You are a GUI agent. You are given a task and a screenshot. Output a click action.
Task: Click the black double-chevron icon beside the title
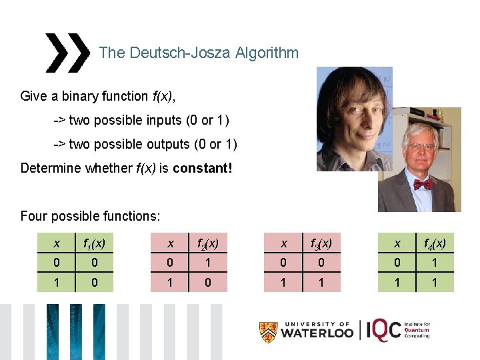click(x=67, y=53)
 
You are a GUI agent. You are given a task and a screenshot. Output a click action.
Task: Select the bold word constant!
click(x=203, y=168)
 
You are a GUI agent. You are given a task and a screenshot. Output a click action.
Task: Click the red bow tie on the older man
click(x=423, y=183)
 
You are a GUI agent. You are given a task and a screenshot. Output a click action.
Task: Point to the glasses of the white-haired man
click(x=421, y=146)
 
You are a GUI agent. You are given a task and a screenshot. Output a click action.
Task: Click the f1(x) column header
click(x=95, y=244)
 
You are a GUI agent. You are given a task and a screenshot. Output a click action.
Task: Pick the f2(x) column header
click(x=209, y=244)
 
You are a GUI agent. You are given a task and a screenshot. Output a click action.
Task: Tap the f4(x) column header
click(x=433, y=244)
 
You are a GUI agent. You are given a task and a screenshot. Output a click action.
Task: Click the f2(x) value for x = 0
click(x=209, y=263)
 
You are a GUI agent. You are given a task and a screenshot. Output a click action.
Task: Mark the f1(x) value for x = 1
click(x=95, y=282)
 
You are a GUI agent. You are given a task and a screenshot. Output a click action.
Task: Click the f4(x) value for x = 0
click(x=433, y=263)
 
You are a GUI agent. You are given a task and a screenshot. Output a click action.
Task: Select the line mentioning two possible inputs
click(x=141, y=120)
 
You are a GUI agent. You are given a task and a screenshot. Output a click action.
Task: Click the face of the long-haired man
click(x=351, y=110)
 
